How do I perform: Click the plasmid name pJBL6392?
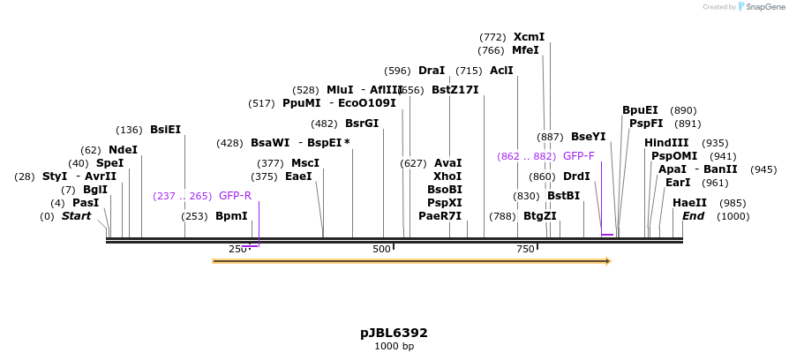pyautogui.click(x=394, y=333)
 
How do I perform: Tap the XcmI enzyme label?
pyautogui.click(x=529, y=37)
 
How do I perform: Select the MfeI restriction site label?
pyautogui.click(x=525, y=50)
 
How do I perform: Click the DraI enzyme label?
pyautogui.click(x=432, y=71)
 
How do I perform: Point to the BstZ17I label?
pyautogui.click(x=455, y=89)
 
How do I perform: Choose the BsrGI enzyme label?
pyautogui.click(x=362, y=124)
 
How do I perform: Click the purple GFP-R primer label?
pyautogui.click(x=235, y=196)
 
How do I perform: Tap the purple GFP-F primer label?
pyautogui.click(x=579, y=156)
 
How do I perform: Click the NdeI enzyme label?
pyautogui.click(x=123, y=150)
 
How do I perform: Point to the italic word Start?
pyautogui.click(x=76, y=216)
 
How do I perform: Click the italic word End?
pyautogui.click(x=694, y=216)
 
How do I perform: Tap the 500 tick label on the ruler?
pyautogui.click(x=380, y=250)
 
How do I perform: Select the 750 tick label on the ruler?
pyautogui.click(x=525, y=250)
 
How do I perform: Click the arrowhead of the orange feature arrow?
pyautogui.click(x=607, y=261)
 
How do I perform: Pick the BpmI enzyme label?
pyautogui.click(x=231, y=216)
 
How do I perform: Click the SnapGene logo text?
pyautogui.click(x=764, y=7)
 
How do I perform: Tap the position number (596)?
pyautogui.click(x=397, y=71)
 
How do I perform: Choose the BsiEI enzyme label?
pyautogui.click(x=165, y=130)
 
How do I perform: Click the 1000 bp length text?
pyautogui.click(x=394, y=347)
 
